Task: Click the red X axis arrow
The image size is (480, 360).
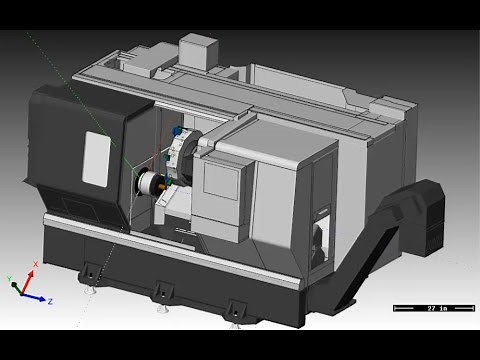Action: [x=30, y=276]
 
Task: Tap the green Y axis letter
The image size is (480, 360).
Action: [x=8, y=276]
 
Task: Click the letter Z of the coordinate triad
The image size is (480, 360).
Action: [x=50, y=301]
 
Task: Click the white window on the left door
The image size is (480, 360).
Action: [x=96, y=155]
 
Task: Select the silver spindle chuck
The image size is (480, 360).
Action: [x=147, y=183]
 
